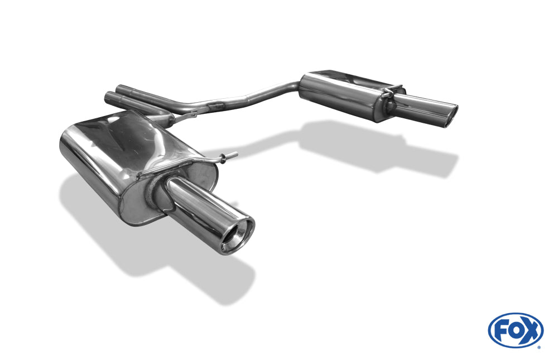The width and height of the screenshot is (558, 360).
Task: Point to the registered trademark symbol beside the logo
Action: pyautogui.click(x=539, y=347)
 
